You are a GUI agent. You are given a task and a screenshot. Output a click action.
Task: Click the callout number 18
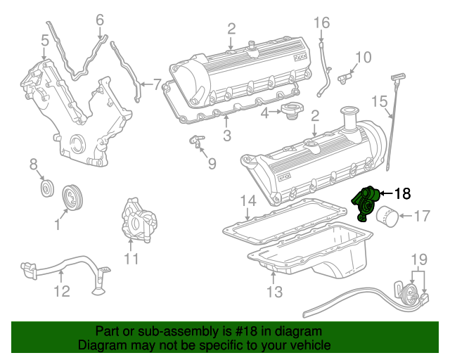click(x=402, y=192)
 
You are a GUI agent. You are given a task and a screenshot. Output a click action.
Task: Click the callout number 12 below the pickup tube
click(x=62, y=290)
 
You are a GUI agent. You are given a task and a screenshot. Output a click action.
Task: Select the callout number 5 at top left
click(x=44, y=41)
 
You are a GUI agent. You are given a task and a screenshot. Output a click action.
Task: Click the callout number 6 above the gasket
click(x=99, y=19)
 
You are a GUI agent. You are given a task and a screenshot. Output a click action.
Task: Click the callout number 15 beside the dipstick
click(x=379, y=102)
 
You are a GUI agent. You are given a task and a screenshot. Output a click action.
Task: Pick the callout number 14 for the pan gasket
click(x=245, y=202)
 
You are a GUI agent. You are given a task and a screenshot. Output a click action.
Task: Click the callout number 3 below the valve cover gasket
click(x=227, y=135)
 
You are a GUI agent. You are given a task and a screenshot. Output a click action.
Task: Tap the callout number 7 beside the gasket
click(x=157, y=82)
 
